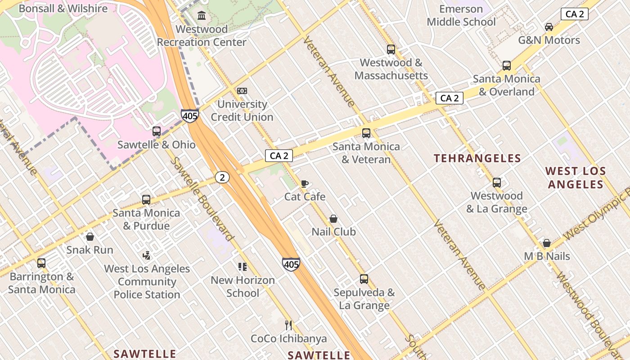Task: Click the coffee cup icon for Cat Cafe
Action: pyautogui.click(x=305, y=184)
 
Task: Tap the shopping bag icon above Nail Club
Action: pyautogui.click(x=333, y=219)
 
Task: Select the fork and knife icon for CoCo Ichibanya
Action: pyautogui.click(x=288, y=325)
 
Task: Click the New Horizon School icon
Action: pyautogui.click(x=243, y=267)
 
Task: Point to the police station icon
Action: pyautogui.click(x=146, y=256)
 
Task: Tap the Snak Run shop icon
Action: pyautogui.click(x=90, y=237)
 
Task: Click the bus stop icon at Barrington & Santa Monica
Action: pyautogui.click(x=41, y=263)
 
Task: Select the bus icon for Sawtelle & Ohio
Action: pyautogui.click(x=157, y=131)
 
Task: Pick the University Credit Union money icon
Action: pyautogui.click(x=242, y=91)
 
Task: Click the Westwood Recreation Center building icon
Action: pyautogui.click(x=202, y=16)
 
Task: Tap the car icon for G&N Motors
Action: pyautogui.click(x=549, y=27)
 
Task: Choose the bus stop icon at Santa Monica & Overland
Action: pyautogui.click(x=507, y=66)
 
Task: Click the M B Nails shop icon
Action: pyautogui.click(x=547, y=243)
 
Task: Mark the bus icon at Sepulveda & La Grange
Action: pyautogui.click(x=364, y=279)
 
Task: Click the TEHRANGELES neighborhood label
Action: pyautogui.click(x=477, y=158)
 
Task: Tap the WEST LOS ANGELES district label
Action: pyautogui.click(x=575, y=178)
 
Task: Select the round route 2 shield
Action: pyautogui.click(x=222, y=177)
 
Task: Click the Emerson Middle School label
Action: pyautogui.click(x=461, y=15)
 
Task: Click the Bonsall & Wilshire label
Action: pyautogui.click(x=63, y=8)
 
